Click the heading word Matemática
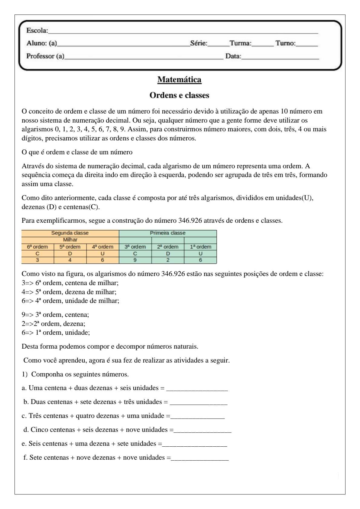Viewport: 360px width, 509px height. [x=179, y=80]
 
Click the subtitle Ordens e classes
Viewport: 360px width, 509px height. [x=179, y=95]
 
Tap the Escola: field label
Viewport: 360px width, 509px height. [x=37, y=31]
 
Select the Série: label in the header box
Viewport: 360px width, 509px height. [x=199, y=43]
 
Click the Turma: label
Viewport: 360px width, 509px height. [x=241, y=43]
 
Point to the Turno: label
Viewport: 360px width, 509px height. [x=285, y=43]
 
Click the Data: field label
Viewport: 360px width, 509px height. [x=233, y=56]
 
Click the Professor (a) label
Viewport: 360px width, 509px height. [x=45, y=56]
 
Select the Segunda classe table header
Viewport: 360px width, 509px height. [x=70, y=233]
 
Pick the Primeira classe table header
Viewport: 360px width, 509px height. [x=168, y=233]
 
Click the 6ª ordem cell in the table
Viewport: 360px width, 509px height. [x=38, y=247]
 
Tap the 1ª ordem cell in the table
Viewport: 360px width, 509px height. [x=200, y=247]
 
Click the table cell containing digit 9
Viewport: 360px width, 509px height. [x=135, y=260]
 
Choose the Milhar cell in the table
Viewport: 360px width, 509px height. [x=70, y=240]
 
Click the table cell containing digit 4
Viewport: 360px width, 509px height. [x=70, y=260]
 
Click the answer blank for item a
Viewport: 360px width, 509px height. [x=197, y=388]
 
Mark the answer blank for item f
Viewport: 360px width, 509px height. [x=200, y=458]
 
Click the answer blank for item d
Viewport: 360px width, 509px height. [x=202, y=430]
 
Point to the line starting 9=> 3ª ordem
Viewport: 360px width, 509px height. [x=55, y=315]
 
